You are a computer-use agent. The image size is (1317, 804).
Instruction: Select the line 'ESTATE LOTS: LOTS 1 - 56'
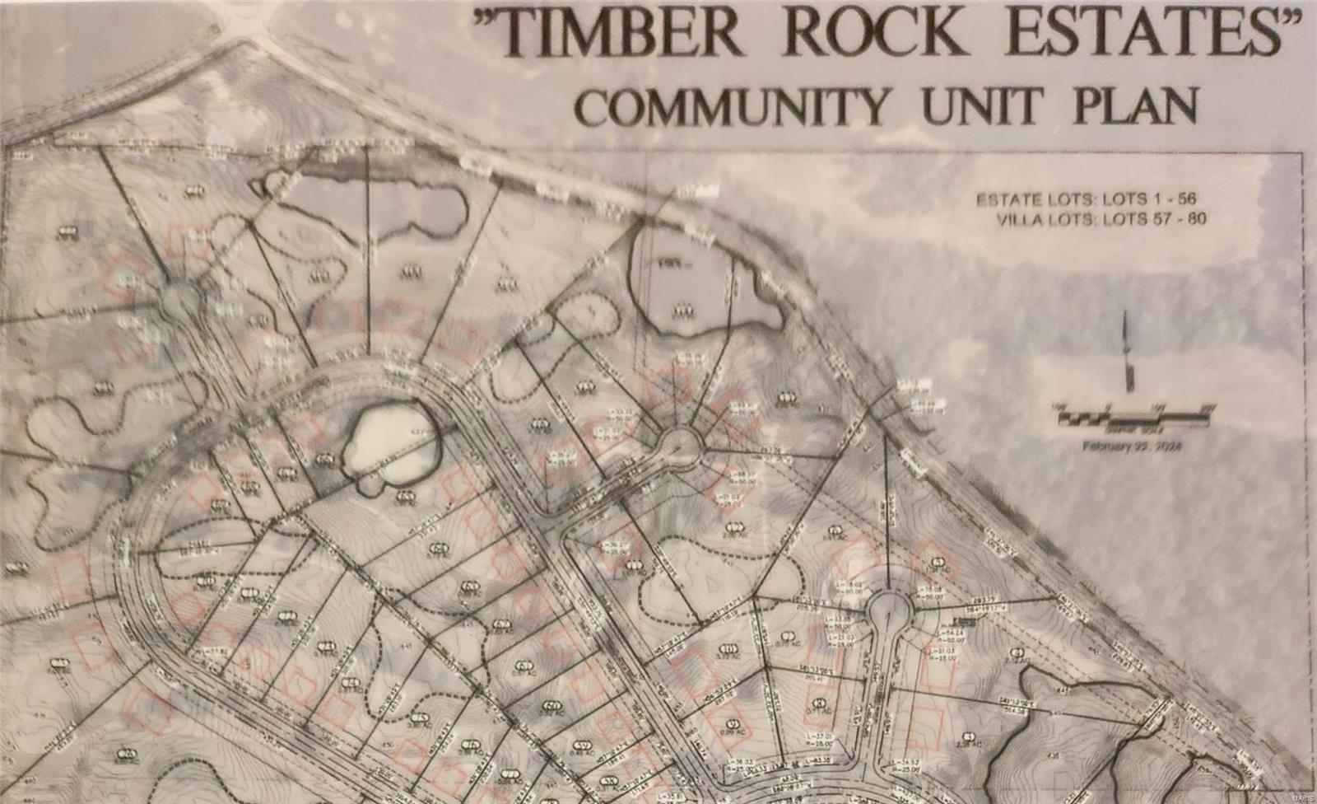[x=1087, y=199]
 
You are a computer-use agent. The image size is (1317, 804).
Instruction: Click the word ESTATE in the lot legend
[x=1000, y=200]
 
